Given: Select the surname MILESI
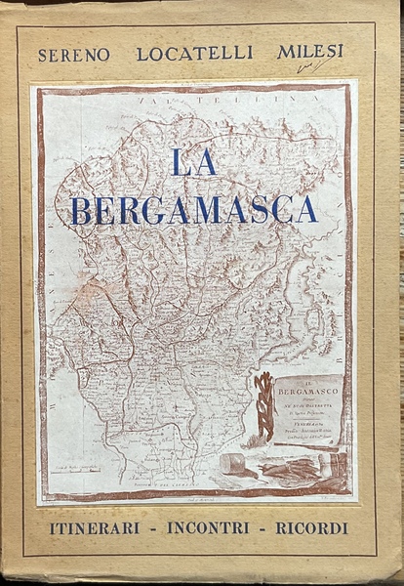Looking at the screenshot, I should tap(309, 52).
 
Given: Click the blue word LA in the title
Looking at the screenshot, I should tap(194, 161).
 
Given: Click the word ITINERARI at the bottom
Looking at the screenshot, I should tap(93, 528).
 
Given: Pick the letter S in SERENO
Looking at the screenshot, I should tap(43, 56).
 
